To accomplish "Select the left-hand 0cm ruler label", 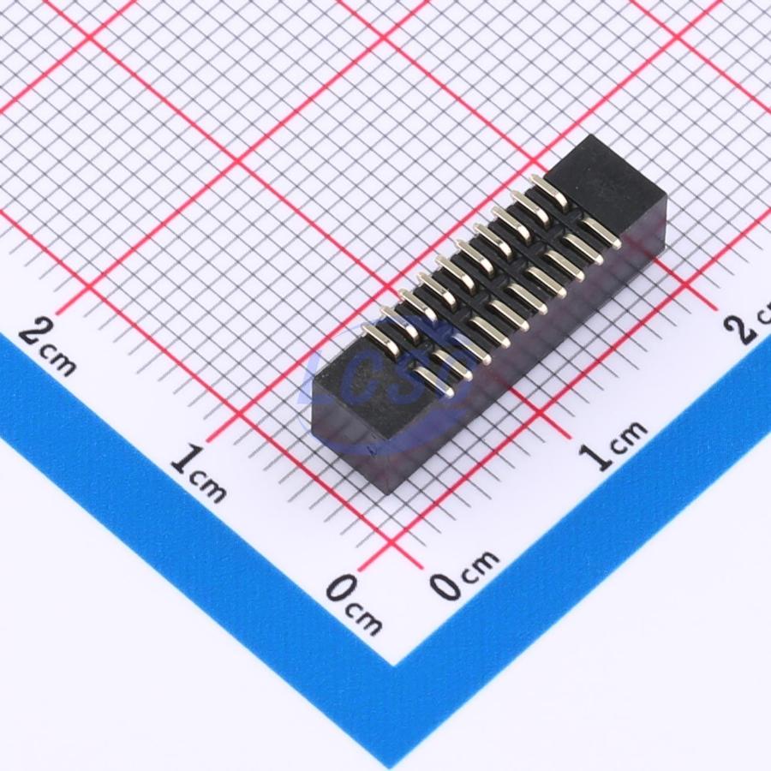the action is point(354,603).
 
